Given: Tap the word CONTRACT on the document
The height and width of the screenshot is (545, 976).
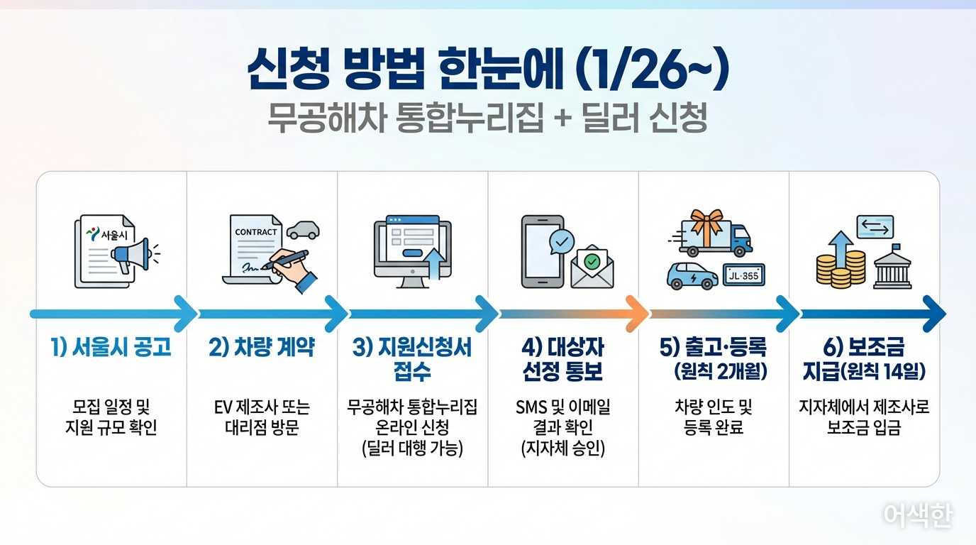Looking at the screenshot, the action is point(256,232).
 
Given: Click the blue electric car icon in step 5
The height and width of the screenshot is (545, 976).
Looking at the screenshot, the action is point(692,275).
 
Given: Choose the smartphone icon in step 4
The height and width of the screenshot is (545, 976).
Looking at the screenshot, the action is point(543,251).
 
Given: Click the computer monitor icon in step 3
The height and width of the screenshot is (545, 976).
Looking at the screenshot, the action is point(412,251).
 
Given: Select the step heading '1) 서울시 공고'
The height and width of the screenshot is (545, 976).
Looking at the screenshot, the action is point(111,348).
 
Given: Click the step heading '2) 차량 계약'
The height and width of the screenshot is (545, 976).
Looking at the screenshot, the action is point(262,348).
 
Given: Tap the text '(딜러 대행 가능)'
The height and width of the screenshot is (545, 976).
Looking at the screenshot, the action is point(412,448).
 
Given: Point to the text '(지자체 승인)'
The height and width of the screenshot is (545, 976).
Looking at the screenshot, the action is point(562,448).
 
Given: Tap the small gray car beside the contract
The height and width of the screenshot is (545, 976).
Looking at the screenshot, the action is point(303,230).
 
